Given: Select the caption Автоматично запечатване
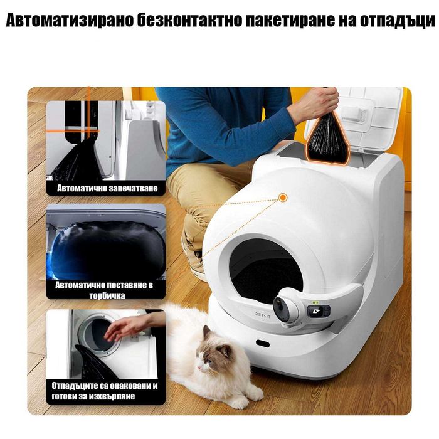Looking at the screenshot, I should pyautogui.click(x=107, y=188).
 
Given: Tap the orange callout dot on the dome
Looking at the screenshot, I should pyautogui.click(x=283, y=198).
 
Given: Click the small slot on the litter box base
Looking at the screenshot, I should pyautogui.click(x=262, y=344).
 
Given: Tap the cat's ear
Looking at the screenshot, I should pyautogui.click(x=206, y=331).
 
